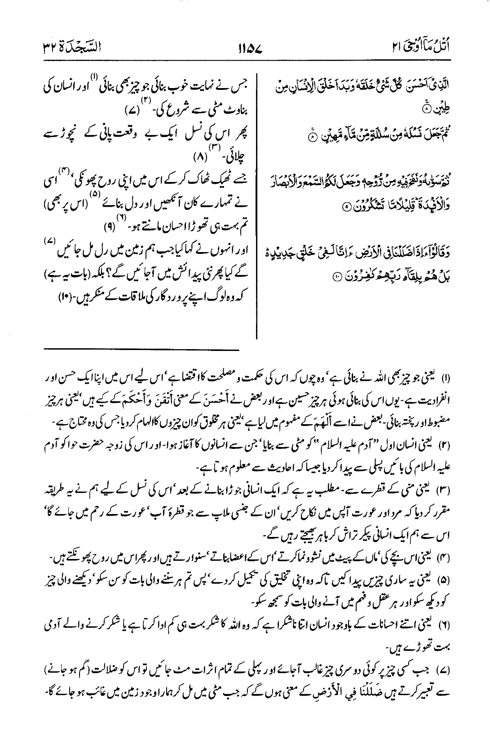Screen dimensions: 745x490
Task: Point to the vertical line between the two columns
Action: [256, 202]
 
